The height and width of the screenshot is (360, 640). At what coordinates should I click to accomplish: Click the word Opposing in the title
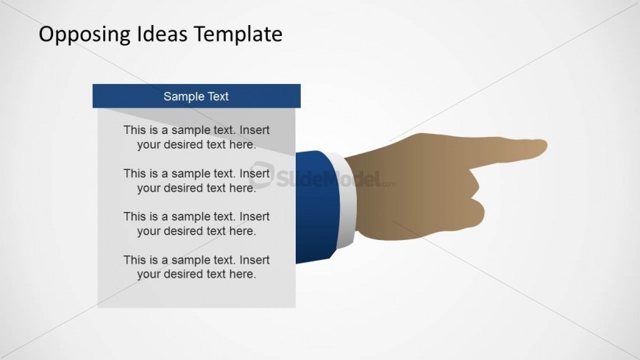pyautogui.click(x=85, y=35)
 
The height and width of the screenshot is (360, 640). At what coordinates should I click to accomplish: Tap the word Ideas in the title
pyautogui.click(x=162, y=34)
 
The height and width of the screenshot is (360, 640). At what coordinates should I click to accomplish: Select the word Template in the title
pyautogui.click(x=238, y=35)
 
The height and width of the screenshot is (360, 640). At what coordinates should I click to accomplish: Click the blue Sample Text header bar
pyautogui.click(x=196, y=96)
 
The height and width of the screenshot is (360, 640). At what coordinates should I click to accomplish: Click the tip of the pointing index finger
pyautogui.click(x=547, y=147)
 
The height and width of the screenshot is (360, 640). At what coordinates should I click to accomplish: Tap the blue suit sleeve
pyautogui.click(x=317, y=206)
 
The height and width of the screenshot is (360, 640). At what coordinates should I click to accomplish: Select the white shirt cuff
pyautogui.click(x=345, y=201)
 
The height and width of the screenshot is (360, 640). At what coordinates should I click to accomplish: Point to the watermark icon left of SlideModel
pyautogui.click(x=262, y=175)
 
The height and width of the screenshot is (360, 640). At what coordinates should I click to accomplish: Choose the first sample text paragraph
pyautogui.click(x=196, y=137)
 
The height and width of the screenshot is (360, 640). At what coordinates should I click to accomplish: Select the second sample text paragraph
pyautogui.click(x=196, y=180)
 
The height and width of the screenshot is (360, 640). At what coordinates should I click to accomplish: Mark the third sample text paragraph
pyautogui.click(x=196, y=224)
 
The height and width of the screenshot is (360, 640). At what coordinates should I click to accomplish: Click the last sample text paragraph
pyautogui.click(x=196, y=267)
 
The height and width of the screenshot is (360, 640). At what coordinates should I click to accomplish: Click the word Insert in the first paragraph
pyautogui.click(x=255, y=130)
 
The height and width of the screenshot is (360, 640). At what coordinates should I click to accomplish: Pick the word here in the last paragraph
pyautogui.click(x=243, y=274)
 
